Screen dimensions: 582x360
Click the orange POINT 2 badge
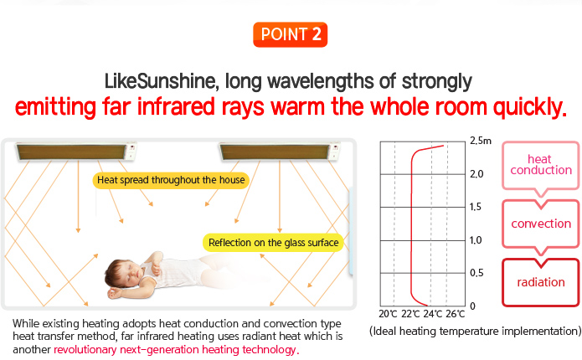[x=290, y=34]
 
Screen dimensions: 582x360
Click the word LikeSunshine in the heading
[x=159, y=81]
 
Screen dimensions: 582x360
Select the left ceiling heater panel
[x=76, y=152]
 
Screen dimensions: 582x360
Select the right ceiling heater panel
[x=280, y=152]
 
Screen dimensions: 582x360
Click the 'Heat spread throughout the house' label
[x=171, y=180]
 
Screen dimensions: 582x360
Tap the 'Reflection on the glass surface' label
[x=273, y=243]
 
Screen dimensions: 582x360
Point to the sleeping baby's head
[x=122, y=274]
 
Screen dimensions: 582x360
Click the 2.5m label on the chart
[x=481, y=141]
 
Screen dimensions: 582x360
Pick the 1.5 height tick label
[x=476, y=207]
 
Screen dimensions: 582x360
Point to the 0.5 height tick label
[x=476, y=273]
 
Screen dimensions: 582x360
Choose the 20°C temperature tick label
[x=388, y=314]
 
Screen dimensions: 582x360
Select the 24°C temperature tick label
[x=432, y=314]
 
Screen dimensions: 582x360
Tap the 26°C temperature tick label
[x=455, y=314]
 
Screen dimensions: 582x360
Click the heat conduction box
[x=541, y=165]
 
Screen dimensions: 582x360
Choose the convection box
[x=541, y=224]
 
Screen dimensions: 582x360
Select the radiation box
[x=541, y=282]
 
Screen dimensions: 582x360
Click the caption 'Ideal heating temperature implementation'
[x=475, y=331]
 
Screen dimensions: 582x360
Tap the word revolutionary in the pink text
[x=85, y=350]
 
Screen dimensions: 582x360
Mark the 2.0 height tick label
[x=476, y=174]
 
